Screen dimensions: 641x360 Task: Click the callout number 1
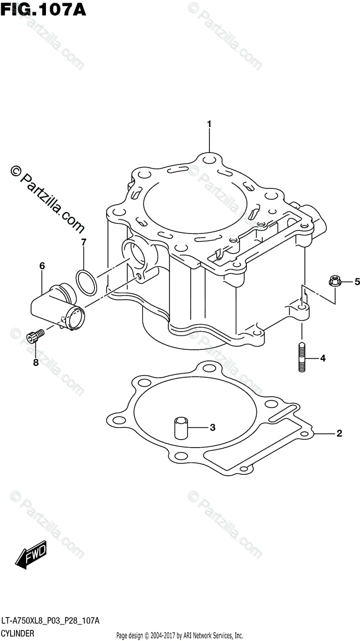[x=209, y=124]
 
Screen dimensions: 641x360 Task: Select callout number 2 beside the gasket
[x=339, y=433]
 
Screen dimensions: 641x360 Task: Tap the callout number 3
[x=212, y=427]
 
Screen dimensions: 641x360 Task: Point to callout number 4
[x=323, y=358]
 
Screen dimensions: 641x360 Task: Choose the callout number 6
[x=42, y=265]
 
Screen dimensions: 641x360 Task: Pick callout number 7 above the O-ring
[x=84, y=242]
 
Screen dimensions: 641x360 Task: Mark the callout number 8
[x=36, y=363]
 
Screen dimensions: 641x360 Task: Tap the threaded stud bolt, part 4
[x=301, y=358]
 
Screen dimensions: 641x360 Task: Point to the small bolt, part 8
[x=34, y=336]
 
